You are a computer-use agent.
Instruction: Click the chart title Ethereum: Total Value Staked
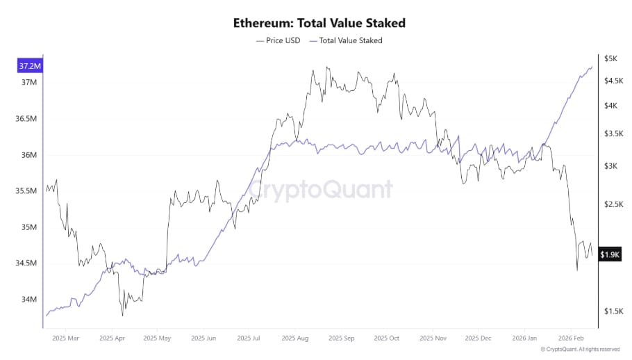(319, 23)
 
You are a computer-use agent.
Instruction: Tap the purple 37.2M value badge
(30, 66)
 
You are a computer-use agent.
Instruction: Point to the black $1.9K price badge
(610, 255)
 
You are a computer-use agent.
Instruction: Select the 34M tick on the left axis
(29, 300)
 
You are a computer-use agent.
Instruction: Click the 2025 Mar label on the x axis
(65, 338)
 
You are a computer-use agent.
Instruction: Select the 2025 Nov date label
(433, 338)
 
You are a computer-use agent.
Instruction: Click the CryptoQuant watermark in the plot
(320, 189)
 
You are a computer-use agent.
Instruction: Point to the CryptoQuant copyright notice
(583, 350)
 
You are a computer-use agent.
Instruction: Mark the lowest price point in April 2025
(123, 315)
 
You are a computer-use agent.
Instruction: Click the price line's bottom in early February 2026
(577, 270)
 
